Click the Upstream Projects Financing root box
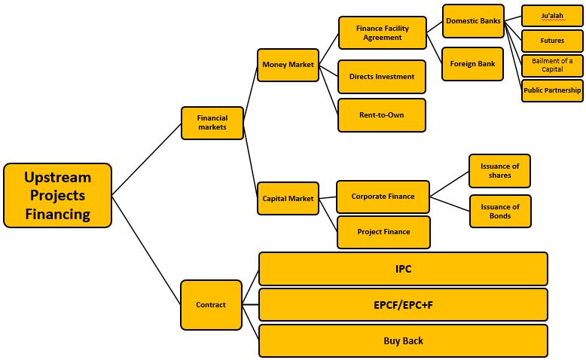click(x=57, y=196)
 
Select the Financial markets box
click(x=212, y=123)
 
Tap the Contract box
click(x=211, y=305)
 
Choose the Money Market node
click(x=288, y=65)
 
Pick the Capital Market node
click(x=288, y=199)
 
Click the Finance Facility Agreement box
click(x=382, y=33)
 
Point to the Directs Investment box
click(x=382, y=77)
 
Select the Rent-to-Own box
click(x=382, y=115)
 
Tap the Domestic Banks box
click(x=473, y=21)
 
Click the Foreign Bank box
click(x=473, y=64)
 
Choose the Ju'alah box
click(x=552, y=16)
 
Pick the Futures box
click(x=552, y=41)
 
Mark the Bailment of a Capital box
click(x=552, y=66)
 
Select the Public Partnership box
click(x=552, y=90)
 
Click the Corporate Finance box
click(x=383, y=197)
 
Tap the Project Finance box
click(x=383, y=232)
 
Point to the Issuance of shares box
click(x=499, y=171)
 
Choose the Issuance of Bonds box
click(x=500, y=212)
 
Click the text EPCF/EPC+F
click(x=403, y=305)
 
